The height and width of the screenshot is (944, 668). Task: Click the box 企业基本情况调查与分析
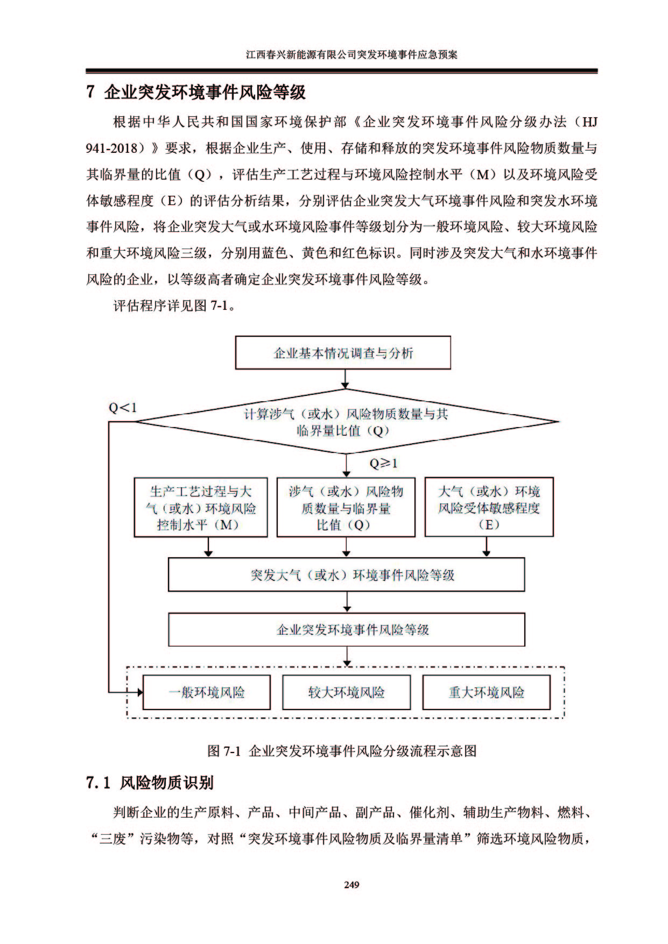click(x=343, y=353)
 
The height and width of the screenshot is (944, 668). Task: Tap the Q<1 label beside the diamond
click(x=123, y=408)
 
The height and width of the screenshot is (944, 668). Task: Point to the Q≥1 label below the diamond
click(x=384, y=463)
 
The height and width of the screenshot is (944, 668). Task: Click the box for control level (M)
click(x=201, y=507)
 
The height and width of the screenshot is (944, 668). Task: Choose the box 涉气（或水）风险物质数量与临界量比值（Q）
click(x=346, y=507)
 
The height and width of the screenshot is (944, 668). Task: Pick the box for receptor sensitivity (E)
click(x=489, y=507)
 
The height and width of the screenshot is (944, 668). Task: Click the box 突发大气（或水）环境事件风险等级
click(x=346, y=574)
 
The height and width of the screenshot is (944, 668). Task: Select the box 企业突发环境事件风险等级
click(x=346, y=629)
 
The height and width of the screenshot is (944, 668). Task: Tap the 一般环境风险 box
click(x=207, y=692)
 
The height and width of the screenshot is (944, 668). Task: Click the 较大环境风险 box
click(x=346, y=692)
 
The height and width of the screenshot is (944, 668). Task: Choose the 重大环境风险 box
click(x=487, y=692)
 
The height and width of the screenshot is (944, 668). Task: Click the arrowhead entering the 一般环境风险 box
click(x=139, y=692)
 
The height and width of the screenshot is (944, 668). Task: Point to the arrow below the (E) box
click(x=487, y=546)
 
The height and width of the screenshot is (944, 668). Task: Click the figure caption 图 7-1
click(x=342, y=750)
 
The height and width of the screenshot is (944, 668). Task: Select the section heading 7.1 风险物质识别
click(x=150, y=783)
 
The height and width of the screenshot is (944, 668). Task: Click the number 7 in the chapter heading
click(x=90, y=92)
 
